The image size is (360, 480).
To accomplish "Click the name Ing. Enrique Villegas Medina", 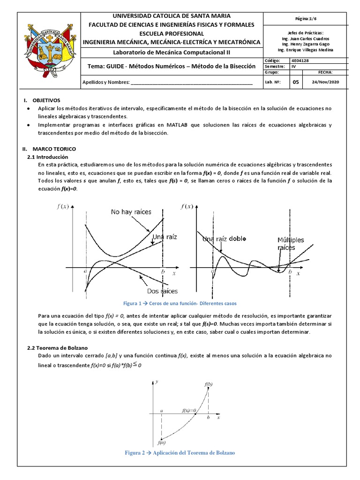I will click(306, 50).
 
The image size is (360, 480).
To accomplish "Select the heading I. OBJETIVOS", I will click(42, 101).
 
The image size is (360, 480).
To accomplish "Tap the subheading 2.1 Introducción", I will click(48, 157).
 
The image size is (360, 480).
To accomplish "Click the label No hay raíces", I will click(131, 212).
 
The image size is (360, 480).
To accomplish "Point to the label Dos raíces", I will click(162, 291).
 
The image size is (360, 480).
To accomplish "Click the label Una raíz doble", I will click(224, 240).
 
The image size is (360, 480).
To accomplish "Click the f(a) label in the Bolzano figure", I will click(162, 442).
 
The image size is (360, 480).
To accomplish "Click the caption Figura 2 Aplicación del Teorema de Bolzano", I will click(180, 453).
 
